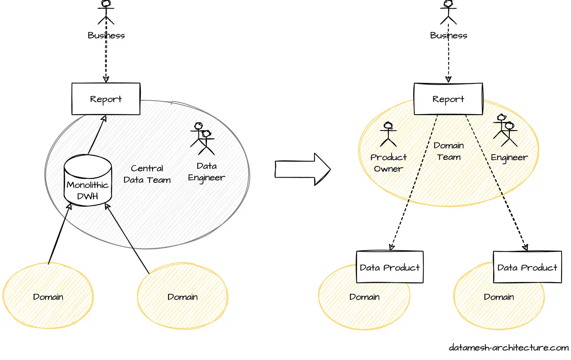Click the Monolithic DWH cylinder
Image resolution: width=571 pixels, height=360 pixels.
[88, 180]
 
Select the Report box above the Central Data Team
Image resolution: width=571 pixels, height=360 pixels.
[106, 99]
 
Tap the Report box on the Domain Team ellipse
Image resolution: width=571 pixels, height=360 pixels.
[448, 99]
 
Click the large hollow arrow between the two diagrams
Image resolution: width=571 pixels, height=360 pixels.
[303, 169]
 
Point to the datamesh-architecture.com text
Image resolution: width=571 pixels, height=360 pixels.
[509, 347]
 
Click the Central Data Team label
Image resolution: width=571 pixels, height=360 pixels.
[147, 174]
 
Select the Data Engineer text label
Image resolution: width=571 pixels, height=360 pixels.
[206, 172]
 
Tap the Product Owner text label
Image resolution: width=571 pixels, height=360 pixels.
[388, 163]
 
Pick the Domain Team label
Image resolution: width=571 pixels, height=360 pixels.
[448, 151]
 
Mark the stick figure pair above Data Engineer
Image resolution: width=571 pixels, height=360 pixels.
[203, 138]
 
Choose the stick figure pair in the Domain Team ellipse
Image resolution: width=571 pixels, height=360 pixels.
[505, 131]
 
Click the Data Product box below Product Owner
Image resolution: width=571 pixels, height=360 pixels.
[389, 267]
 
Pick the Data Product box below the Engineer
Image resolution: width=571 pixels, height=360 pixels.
[527, 267]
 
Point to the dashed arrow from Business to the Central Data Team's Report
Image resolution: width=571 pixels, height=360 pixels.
[106, 59]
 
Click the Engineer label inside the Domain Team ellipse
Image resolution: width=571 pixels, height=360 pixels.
[509, 157]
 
